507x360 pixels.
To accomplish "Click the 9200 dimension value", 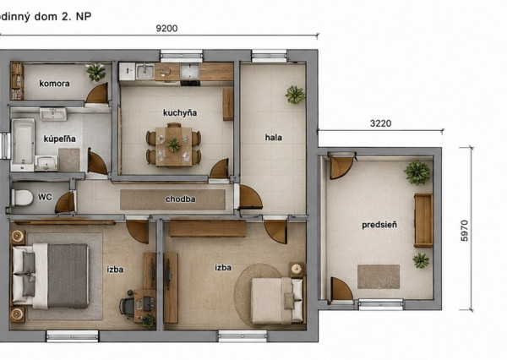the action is tap(166, 29).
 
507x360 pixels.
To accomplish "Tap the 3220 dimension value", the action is tap(380, 123).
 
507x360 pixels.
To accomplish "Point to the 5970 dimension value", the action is tap(464, 231).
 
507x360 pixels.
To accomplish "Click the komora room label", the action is tap(54, 84).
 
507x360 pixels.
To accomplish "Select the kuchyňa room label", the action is tap(180, 113).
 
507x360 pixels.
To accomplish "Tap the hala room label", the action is tap(273, 138).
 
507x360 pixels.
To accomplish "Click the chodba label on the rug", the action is tap(181, 199).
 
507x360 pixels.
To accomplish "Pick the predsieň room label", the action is tap(379, 225).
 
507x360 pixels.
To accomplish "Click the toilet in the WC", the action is tap(22, 197).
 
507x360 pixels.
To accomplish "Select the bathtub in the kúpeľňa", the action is tap(23, 145).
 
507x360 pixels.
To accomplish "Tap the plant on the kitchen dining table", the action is tap(173, 145).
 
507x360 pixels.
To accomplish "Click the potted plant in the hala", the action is tap(295, 95).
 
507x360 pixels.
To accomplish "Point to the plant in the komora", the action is tap(96, 72).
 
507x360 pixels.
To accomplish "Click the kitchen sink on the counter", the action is tap(145, 71).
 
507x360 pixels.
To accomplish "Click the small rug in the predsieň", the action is tap(379, 276).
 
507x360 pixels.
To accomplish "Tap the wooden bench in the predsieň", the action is tap(423, 221).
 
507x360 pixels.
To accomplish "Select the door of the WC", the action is tap(66, 203).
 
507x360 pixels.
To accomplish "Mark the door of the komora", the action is tap(97, 94).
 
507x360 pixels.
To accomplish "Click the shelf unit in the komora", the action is tap(17, 81).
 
